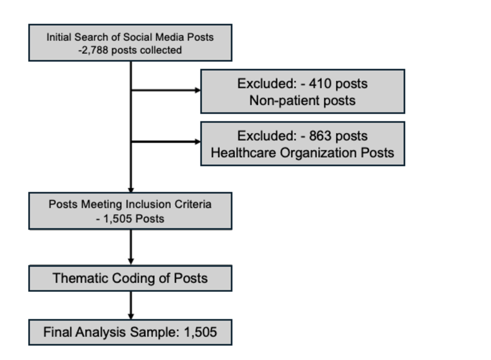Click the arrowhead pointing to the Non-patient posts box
[198, 90]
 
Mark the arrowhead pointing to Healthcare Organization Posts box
[198, 142]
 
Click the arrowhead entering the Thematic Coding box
[131, 261]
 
